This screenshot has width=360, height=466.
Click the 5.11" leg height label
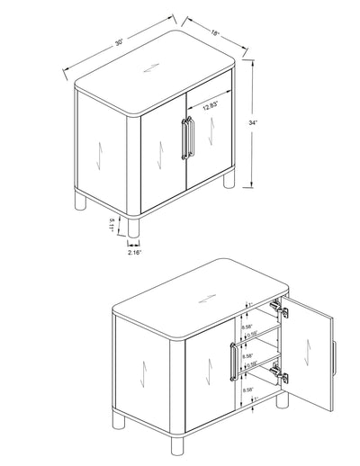(112, 223)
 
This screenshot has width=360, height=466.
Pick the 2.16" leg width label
(134, 255)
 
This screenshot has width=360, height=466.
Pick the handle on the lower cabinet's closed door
(233, 366)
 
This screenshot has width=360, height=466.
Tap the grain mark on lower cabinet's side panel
(134, 372)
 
